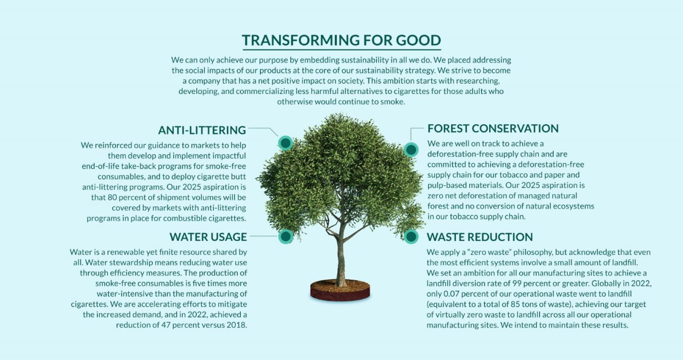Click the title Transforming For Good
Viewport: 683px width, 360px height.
click(x=341, y=40)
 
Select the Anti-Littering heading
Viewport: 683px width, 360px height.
click(x=202, y=130)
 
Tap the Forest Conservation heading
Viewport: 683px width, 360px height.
click(x=493, y=128)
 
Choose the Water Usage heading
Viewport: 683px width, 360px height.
click(x=208, y=237)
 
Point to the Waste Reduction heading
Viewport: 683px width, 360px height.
click(x=480, y=237)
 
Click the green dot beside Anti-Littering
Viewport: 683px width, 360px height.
click(x=285, y=143)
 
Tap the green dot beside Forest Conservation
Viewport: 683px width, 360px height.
click(x=411, y=149)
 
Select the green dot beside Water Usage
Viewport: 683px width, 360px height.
click(x=286, y=236)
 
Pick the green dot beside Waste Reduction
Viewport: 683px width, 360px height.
click(x=411, y=236)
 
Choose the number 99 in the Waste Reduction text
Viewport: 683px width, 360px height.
click(x=527, y=283)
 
